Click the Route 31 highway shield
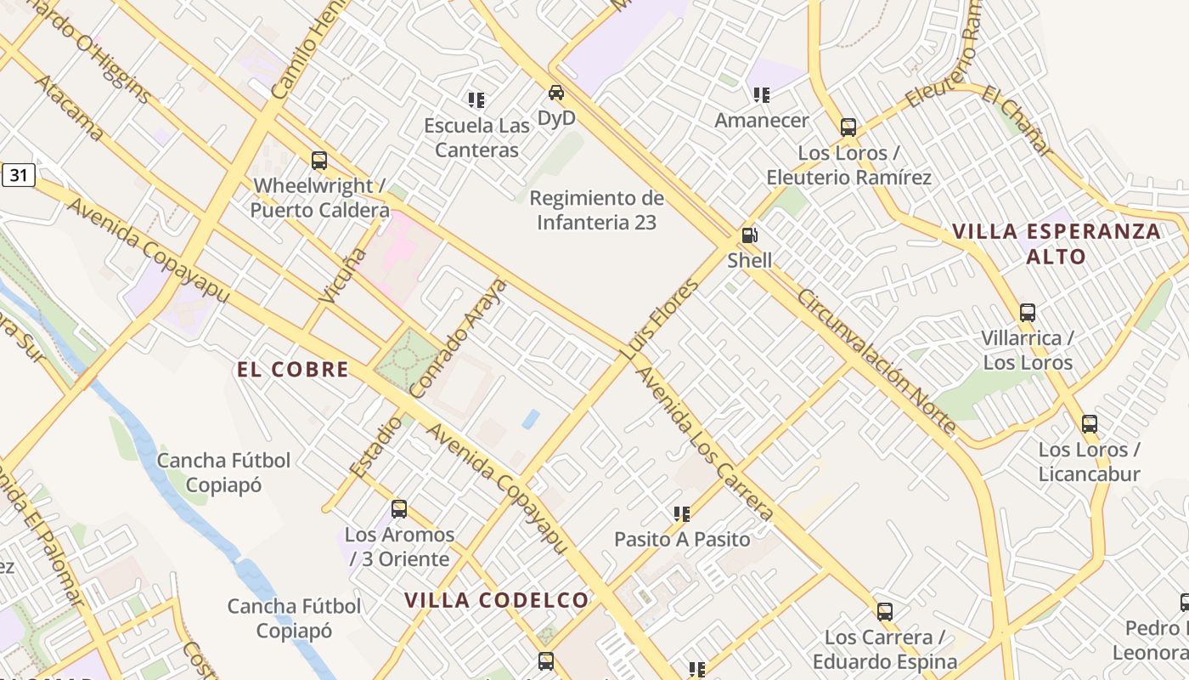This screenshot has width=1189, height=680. pos(18,176)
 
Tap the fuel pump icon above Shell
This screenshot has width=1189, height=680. pos(749,235)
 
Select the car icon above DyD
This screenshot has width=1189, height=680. pos(556,93)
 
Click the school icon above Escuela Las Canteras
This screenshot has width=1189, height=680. pos(476,100)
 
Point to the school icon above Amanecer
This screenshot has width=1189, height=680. pos(761,95)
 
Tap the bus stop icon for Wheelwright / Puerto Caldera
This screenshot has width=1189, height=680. pos(319,160)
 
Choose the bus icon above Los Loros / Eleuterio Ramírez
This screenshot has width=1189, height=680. pos(848,127)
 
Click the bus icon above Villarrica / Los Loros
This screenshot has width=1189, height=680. pos(1028,312)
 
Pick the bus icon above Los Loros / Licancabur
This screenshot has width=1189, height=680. pos(1089,423)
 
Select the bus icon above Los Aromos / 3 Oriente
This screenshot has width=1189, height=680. pos(399,509)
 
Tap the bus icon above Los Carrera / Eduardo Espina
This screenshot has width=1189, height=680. pos(885,611)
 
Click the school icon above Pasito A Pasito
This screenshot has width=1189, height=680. pos(681,513)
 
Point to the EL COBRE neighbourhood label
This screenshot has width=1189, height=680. pos(293,369)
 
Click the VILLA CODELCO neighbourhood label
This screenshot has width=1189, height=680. pos(496,600)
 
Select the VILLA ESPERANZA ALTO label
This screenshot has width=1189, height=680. pos(1057,243)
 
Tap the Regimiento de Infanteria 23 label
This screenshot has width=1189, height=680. pos(597,210)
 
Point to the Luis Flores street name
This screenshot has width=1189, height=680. pos(665,319)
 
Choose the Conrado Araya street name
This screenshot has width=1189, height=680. pos(458,338)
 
